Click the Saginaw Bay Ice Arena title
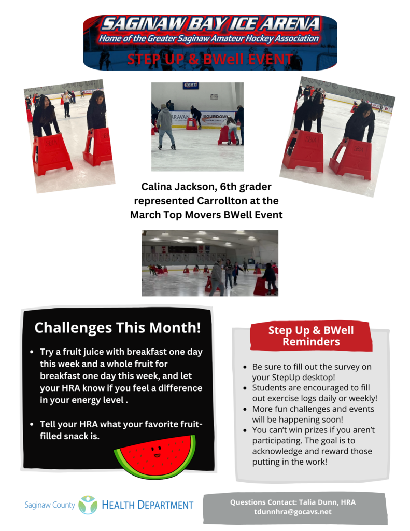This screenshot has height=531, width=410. [x=210, y=24]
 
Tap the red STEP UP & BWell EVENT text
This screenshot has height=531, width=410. [x=210, y=60]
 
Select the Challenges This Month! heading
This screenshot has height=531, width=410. [x=117, y=328]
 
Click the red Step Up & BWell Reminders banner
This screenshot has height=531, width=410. [x=311, y=336]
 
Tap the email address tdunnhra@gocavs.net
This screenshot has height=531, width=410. [x=292, y=512]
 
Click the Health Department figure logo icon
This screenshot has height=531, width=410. [x=88, y=505]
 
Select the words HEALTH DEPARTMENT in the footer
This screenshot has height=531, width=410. [x=147, y=505]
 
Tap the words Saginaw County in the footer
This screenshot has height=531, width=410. [x=50, y=505]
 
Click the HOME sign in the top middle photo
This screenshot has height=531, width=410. [x=190, y=86]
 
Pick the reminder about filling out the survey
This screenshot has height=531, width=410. [x=312, y=372]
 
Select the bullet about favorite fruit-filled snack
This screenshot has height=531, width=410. [x=121, y=430]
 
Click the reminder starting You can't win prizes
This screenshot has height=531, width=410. [x=312, y=446]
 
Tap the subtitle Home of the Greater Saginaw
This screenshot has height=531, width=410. [x=209, y=38]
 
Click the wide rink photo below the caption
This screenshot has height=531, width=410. [x=209, y=263]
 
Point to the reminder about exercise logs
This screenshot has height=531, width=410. [x=314, y=393]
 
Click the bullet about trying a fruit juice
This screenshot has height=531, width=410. [x=121, y=376]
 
